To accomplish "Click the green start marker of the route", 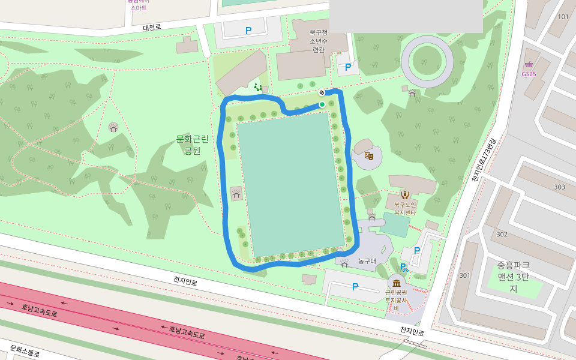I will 322,104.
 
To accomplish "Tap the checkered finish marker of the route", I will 322,92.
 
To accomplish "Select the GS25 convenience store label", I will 529,74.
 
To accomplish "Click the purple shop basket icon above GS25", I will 529,65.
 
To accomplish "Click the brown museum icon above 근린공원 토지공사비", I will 396,283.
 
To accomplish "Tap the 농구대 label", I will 367,261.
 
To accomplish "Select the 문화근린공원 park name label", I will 193,145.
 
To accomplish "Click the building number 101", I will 563,17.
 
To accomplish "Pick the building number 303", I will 559,187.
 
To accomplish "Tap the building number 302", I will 502,234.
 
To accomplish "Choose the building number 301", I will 464,275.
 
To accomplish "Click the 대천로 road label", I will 152,28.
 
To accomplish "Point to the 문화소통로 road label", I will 25,352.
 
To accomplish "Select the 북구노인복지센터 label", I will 405,208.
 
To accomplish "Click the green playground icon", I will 258,88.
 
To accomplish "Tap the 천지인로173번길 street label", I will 484,158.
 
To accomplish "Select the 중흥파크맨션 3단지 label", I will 513,277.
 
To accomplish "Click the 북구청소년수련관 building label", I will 318,41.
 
